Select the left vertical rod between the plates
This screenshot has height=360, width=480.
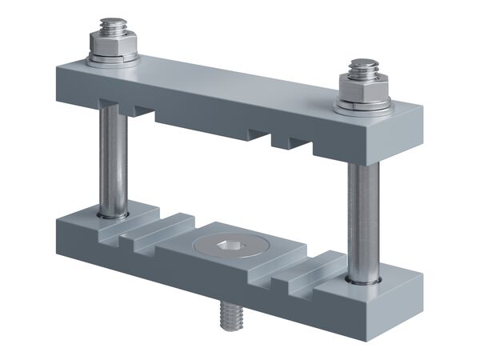pos(111,160)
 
